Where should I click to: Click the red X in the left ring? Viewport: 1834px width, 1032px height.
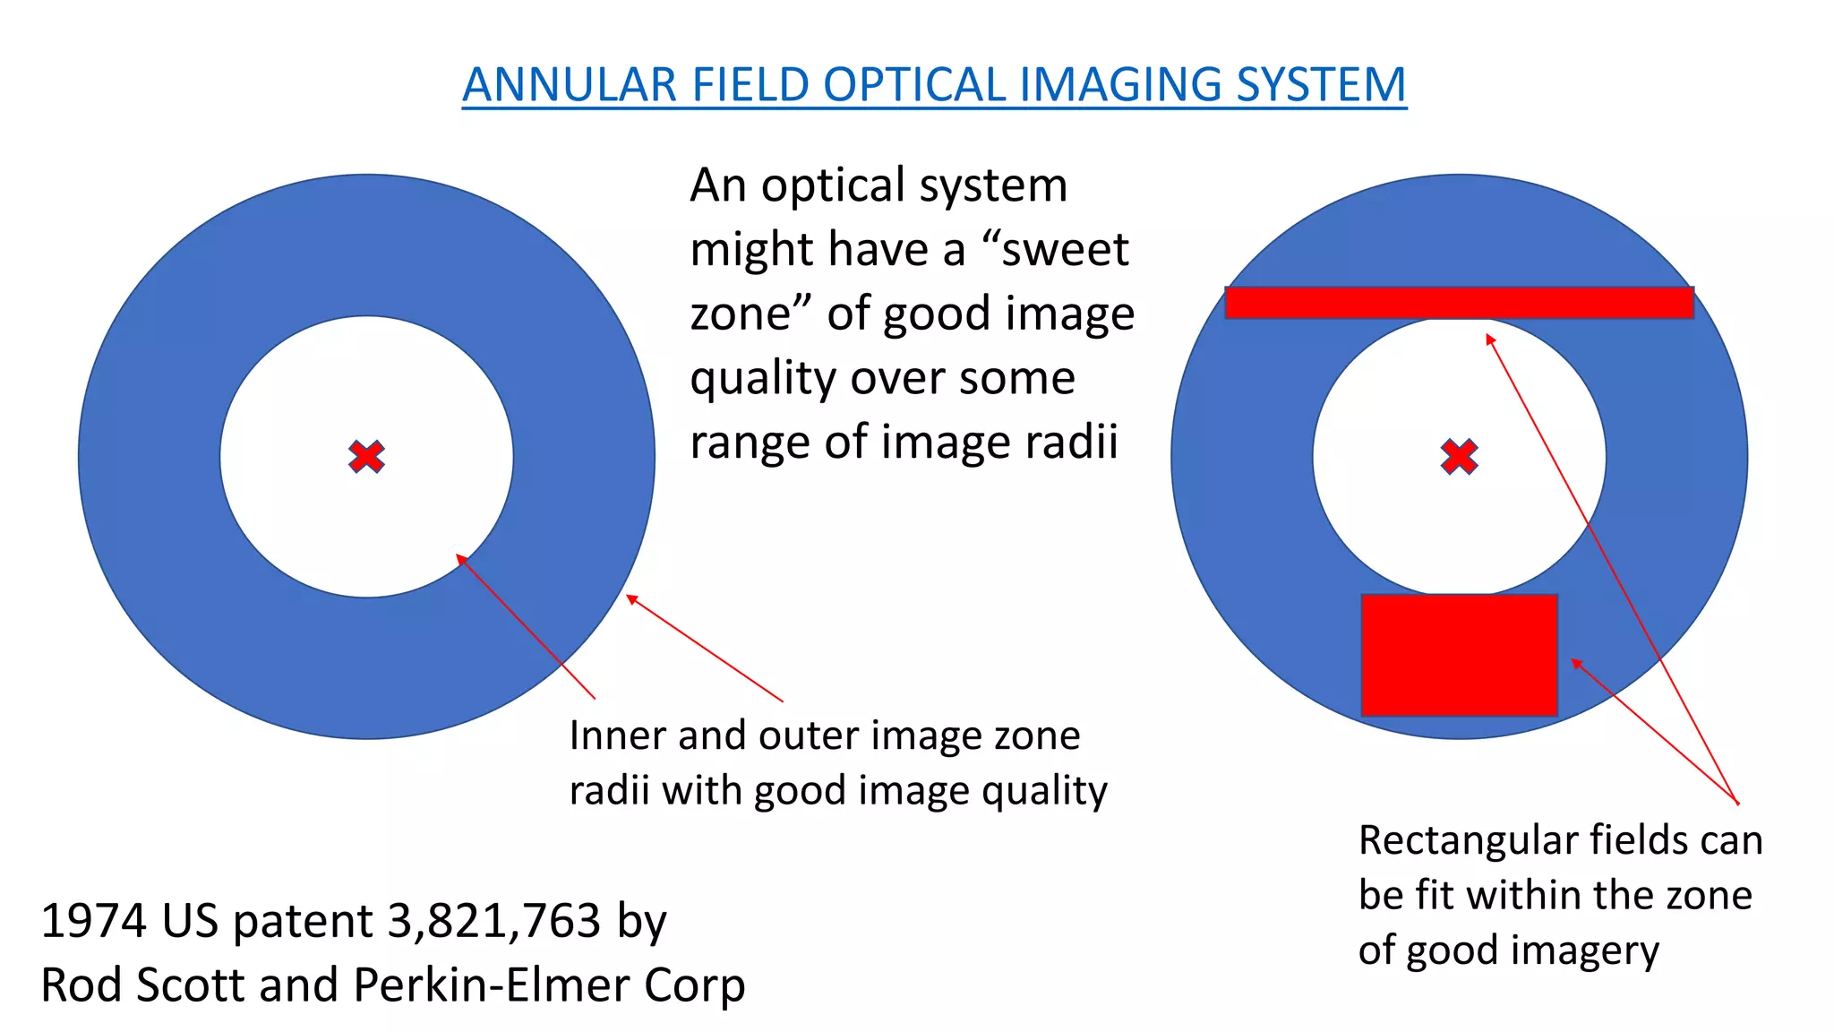pyautogui.click(x=366, y=457)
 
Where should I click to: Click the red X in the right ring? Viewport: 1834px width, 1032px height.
pyautogui.click(x=1459, y=457)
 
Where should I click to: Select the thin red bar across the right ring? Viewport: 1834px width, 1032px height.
pyautogui.click(x=1459, y=303)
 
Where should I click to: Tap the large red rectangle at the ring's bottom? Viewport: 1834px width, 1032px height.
pyautogui.click(x=1459, y=655)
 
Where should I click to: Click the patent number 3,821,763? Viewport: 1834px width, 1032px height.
pyautogui.click(x=494, y=921)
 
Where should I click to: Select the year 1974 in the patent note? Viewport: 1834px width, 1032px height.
pyautogui.click(x=93, y=921)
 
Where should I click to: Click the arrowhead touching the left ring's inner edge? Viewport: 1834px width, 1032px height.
pyautogui.click(x=460, y=558)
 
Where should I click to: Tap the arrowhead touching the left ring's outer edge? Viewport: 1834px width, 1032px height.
pyautogui.click(x=630, y=598)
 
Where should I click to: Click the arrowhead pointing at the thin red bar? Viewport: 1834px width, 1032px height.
pyautogui.click(x=1489, y=339)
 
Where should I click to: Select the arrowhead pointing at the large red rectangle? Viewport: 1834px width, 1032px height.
pyautogui.click(x=1576, y=663)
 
